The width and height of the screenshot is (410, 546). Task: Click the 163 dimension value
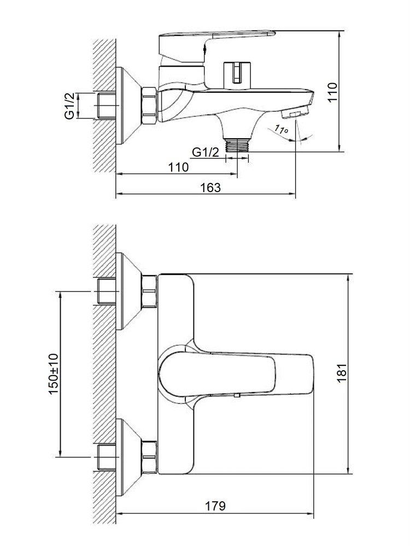click(x=210, y=188)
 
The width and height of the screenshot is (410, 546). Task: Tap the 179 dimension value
click(x=215, y=506)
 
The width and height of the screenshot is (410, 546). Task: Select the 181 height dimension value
click(x=342, y=372)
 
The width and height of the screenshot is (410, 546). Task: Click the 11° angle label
click(x=280, y=129)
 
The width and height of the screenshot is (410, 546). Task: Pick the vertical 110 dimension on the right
click(x=332, y=92)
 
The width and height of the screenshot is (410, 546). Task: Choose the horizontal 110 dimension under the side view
click(x=178, y=167)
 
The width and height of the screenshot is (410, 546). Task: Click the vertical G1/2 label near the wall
click(x=70, y=105)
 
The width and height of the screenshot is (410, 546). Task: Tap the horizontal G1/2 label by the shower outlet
click(x=206, y=152)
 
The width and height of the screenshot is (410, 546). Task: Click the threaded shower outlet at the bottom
click(x=237, y=145)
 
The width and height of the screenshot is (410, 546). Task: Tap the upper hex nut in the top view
click(x=149, y=291)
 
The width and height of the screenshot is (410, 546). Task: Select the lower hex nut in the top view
click(x=149, y=457)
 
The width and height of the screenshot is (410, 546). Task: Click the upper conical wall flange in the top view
click(x=128, y=291)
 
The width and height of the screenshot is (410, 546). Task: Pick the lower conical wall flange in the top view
click(x=128, y=457)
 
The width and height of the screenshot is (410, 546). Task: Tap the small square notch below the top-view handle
click(x=237, y=395)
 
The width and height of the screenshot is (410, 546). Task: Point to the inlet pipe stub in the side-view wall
click(x=106, y=105)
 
